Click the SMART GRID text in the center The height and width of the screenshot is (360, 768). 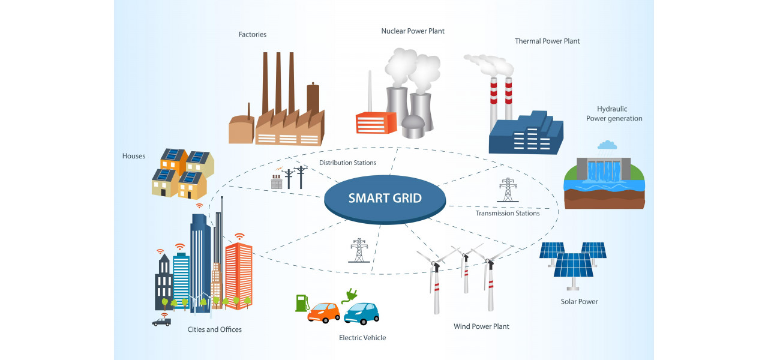click(385, 198)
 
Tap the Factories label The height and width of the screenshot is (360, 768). click(252, 35)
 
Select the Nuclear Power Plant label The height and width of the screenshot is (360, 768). click(413, 31)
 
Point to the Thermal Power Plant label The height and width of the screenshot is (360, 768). click(547, 41)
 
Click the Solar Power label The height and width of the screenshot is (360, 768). click(579, 302)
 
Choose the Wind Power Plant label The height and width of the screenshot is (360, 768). click(481, 326)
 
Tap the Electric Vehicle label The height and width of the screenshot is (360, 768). click(362, 338)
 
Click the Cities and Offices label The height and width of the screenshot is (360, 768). click(215, 329)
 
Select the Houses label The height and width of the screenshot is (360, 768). click(134, 156)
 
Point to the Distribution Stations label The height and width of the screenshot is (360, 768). click(347, 163)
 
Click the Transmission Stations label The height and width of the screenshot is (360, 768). click(508, 213)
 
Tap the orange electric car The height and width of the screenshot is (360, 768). click(323, 312)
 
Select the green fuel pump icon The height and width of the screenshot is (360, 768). click(301, 302)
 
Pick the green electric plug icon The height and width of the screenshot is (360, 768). click(348, 295)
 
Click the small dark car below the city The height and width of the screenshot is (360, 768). click(161, 322)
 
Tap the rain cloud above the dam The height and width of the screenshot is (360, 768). click(607, 145)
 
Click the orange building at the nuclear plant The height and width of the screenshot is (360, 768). click(376, 122)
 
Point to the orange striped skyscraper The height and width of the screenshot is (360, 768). click(238, 275)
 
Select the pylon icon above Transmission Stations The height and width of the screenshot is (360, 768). click(507, 190)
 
